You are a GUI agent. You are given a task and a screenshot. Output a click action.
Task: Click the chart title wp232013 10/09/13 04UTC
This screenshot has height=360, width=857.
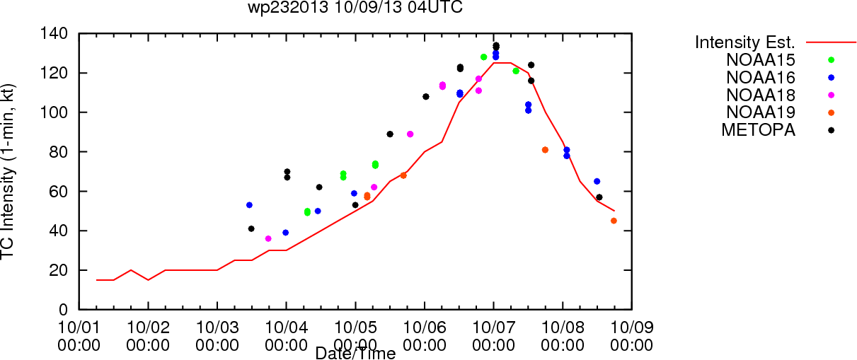[x=355, y=7]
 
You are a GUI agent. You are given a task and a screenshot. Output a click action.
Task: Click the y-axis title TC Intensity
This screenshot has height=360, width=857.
[x=7, y=198]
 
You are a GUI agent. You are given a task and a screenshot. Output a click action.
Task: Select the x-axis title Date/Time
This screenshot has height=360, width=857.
[x=355, y=353]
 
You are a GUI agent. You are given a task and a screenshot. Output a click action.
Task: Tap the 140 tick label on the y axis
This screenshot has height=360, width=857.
[x=54, y=34]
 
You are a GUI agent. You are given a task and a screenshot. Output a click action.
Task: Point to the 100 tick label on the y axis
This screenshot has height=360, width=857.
[x=54, y=112]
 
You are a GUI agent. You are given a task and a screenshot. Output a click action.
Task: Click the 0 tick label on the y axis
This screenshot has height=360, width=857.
[x=64, y=310]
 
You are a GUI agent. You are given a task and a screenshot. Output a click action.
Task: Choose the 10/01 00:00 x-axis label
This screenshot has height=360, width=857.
[x=79, y=336]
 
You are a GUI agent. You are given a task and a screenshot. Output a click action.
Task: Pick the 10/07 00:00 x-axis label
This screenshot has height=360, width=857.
[x=493, y=336]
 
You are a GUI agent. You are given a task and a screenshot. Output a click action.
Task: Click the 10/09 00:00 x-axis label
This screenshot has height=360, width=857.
[x=632, y=336]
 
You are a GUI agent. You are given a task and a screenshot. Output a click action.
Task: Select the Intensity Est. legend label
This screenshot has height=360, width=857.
[x=745, y=42]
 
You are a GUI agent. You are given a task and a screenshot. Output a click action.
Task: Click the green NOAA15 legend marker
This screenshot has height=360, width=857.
[x=831, y=60]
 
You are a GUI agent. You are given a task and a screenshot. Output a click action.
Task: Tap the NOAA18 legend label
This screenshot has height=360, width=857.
[x=761, y=95]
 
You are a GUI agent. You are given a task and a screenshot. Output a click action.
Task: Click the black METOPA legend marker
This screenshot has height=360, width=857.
[x=831, y=130]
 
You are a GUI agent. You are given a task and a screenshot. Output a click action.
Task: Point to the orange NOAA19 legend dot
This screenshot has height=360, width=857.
[x=831, y=112]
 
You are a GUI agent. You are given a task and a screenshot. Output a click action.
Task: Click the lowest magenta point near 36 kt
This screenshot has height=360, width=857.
[x=268, y=238]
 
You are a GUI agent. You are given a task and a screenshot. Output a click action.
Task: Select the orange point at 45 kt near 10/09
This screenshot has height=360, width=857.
[x=614, y=221]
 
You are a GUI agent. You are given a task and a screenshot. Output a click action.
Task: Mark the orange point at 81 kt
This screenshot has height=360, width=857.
[x=545, y=150]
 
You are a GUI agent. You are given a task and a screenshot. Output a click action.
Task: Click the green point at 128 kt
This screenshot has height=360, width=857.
[x=483, y=57]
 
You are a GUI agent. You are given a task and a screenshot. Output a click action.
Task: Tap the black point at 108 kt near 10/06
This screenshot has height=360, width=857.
[x=426, y=97]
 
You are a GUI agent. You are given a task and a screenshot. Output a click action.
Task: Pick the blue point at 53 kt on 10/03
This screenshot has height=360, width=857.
[x=249, y=205]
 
